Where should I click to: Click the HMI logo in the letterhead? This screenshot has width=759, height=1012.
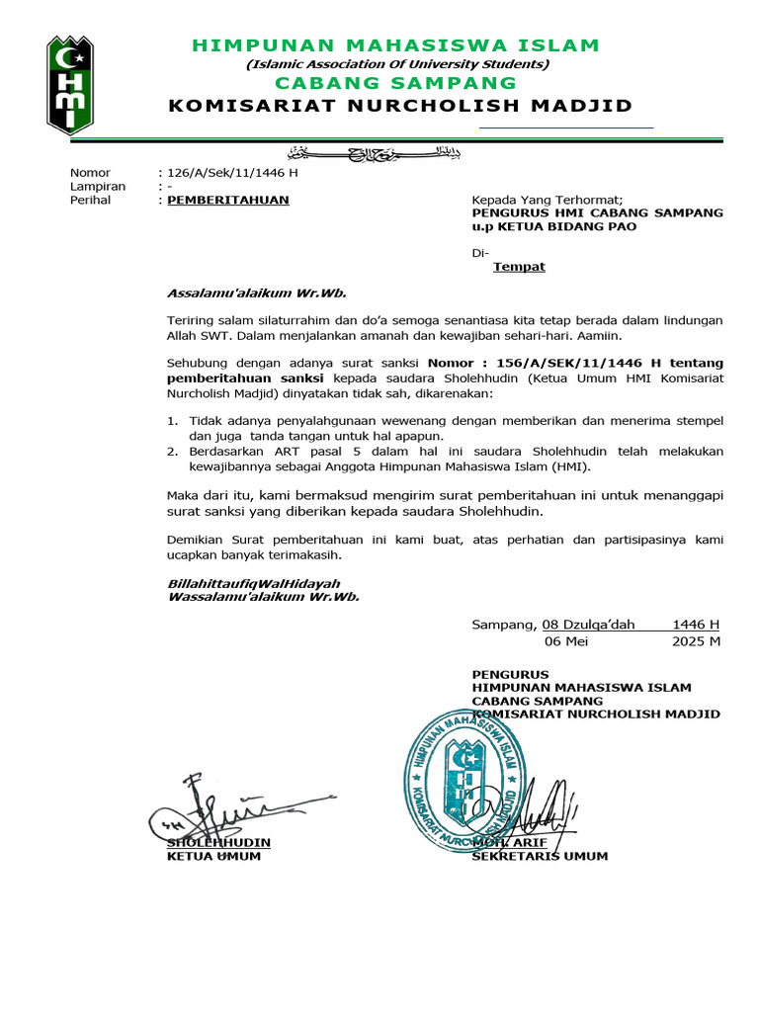[70, 85]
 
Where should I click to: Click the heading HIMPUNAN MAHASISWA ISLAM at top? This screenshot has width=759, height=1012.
[395, 45]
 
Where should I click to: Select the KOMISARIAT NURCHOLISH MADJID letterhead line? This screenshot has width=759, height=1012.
[400, 107]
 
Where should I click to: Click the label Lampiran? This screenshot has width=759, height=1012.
[97, 186]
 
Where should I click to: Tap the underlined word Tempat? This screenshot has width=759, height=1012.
[519, 267]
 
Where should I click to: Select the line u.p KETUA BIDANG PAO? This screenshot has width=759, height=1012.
[553, 226]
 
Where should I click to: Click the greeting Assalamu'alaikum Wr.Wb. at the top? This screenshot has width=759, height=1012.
[257, 294]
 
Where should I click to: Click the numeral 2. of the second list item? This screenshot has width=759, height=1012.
[171, 452]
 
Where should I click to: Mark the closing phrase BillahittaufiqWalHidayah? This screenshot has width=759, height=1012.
[254, 584]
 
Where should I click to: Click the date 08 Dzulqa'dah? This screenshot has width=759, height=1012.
[595, 625]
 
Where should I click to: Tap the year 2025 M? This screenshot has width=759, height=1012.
[696, 640]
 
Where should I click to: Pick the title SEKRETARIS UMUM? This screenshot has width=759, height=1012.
[540, 856]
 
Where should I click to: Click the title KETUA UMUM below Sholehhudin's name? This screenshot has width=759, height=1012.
[213, 856]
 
